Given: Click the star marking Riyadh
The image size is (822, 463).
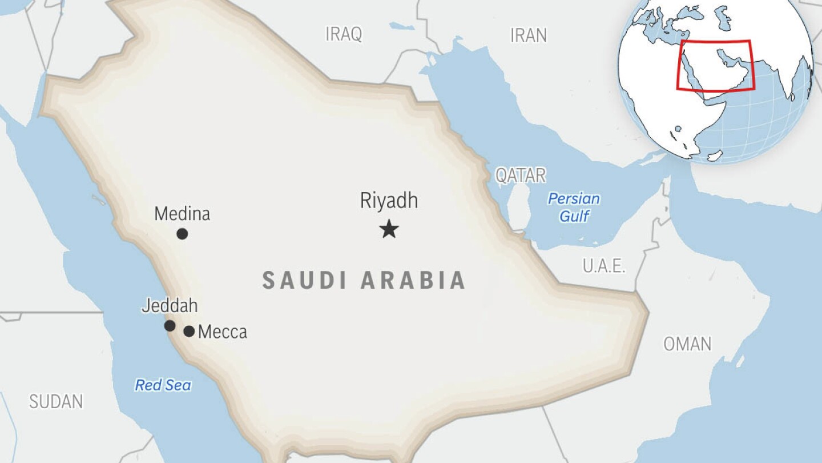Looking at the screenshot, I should [389, 230].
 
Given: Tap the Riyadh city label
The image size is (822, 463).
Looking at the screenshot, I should [389, 201].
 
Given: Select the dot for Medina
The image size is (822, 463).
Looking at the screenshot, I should [182, 233].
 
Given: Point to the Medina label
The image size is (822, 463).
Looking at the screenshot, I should [182, 214].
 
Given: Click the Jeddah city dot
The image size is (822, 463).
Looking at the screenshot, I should [170, 326].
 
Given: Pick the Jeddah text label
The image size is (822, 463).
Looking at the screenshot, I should [170, 306].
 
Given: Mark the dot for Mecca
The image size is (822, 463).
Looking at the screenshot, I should [189, 331].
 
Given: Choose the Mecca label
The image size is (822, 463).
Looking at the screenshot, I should [223, 332].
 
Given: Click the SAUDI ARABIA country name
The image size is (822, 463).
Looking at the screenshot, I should [364, 281].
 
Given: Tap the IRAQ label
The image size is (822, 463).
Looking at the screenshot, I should [344, 34].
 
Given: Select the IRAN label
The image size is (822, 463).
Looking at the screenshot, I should [528, 35].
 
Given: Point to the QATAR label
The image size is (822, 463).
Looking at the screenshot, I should [520, 175].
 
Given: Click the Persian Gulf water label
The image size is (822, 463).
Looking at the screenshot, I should [574, 207].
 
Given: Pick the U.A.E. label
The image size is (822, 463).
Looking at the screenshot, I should [604, 266].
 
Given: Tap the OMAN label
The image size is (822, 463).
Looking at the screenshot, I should [687, 344].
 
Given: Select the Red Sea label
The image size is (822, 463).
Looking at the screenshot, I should [163, 385].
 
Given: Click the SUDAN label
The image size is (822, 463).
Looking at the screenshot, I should [56, 402].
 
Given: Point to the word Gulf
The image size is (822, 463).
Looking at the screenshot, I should [574, 216].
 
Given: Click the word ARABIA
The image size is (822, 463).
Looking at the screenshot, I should [413, 281].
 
